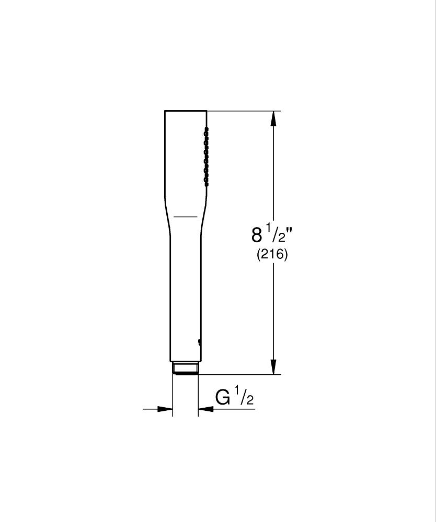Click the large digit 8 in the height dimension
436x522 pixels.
point(257,235)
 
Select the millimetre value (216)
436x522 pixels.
point(272,256)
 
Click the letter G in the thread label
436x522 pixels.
point(223,398)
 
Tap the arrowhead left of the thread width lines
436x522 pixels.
point(166,409)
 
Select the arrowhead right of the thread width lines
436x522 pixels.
point(205,409)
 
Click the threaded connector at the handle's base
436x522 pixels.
point(186,368)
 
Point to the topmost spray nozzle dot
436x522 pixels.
point(207,128)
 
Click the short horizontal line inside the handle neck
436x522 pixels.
point(185,216)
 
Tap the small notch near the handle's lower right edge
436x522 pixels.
point(199,342)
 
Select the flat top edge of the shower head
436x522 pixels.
point(186,111)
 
